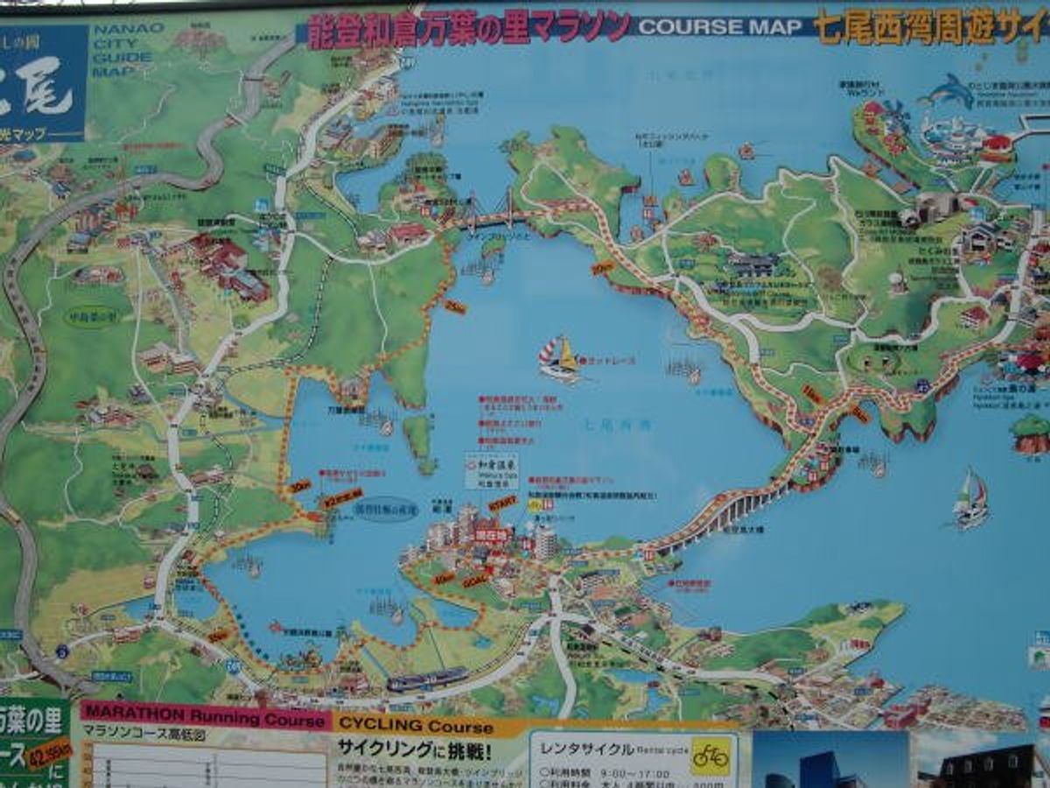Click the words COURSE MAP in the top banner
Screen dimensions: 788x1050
[x=720, y=27]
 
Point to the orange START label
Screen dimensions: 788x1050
[x=502, y=503]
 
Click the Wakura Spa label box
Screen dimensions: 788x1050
[x=491, y=469]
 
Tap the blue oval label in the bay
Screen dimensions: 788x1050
[x=386, y=509]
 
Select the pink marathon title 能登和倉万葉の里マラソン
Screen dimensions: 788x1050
[x=469, y=27]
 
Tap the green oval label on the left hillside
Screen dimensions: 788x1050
[x=91, y=314]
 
